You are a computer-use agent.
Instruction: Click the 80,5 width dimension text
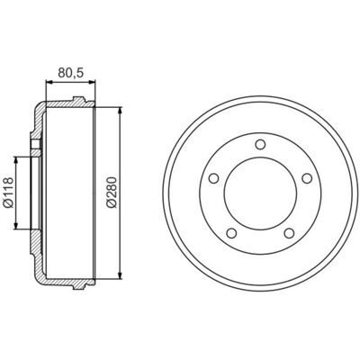click(x=70, y=73)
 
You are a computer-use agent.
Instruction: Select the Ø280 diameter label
click(x=112, y=193)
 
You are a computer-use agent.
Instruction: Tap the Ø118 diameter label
click(x=9, y=193)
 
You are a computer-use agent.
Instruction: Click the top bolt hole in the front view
click(x=260, y=144)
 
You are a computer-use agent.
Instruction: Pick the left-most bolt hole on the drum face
click(x=214, y=178)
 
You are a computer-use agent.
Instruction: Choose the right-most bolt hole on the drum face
click(x=307, y=178)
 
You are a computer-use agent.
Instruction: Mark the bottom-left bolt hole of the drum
click(x=231, y=233)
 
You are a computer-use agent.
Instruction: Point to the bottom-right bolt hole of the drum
click(x=289, y=233)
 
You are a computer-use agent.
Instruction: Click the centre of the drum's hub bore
click(x=260, y=193)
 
